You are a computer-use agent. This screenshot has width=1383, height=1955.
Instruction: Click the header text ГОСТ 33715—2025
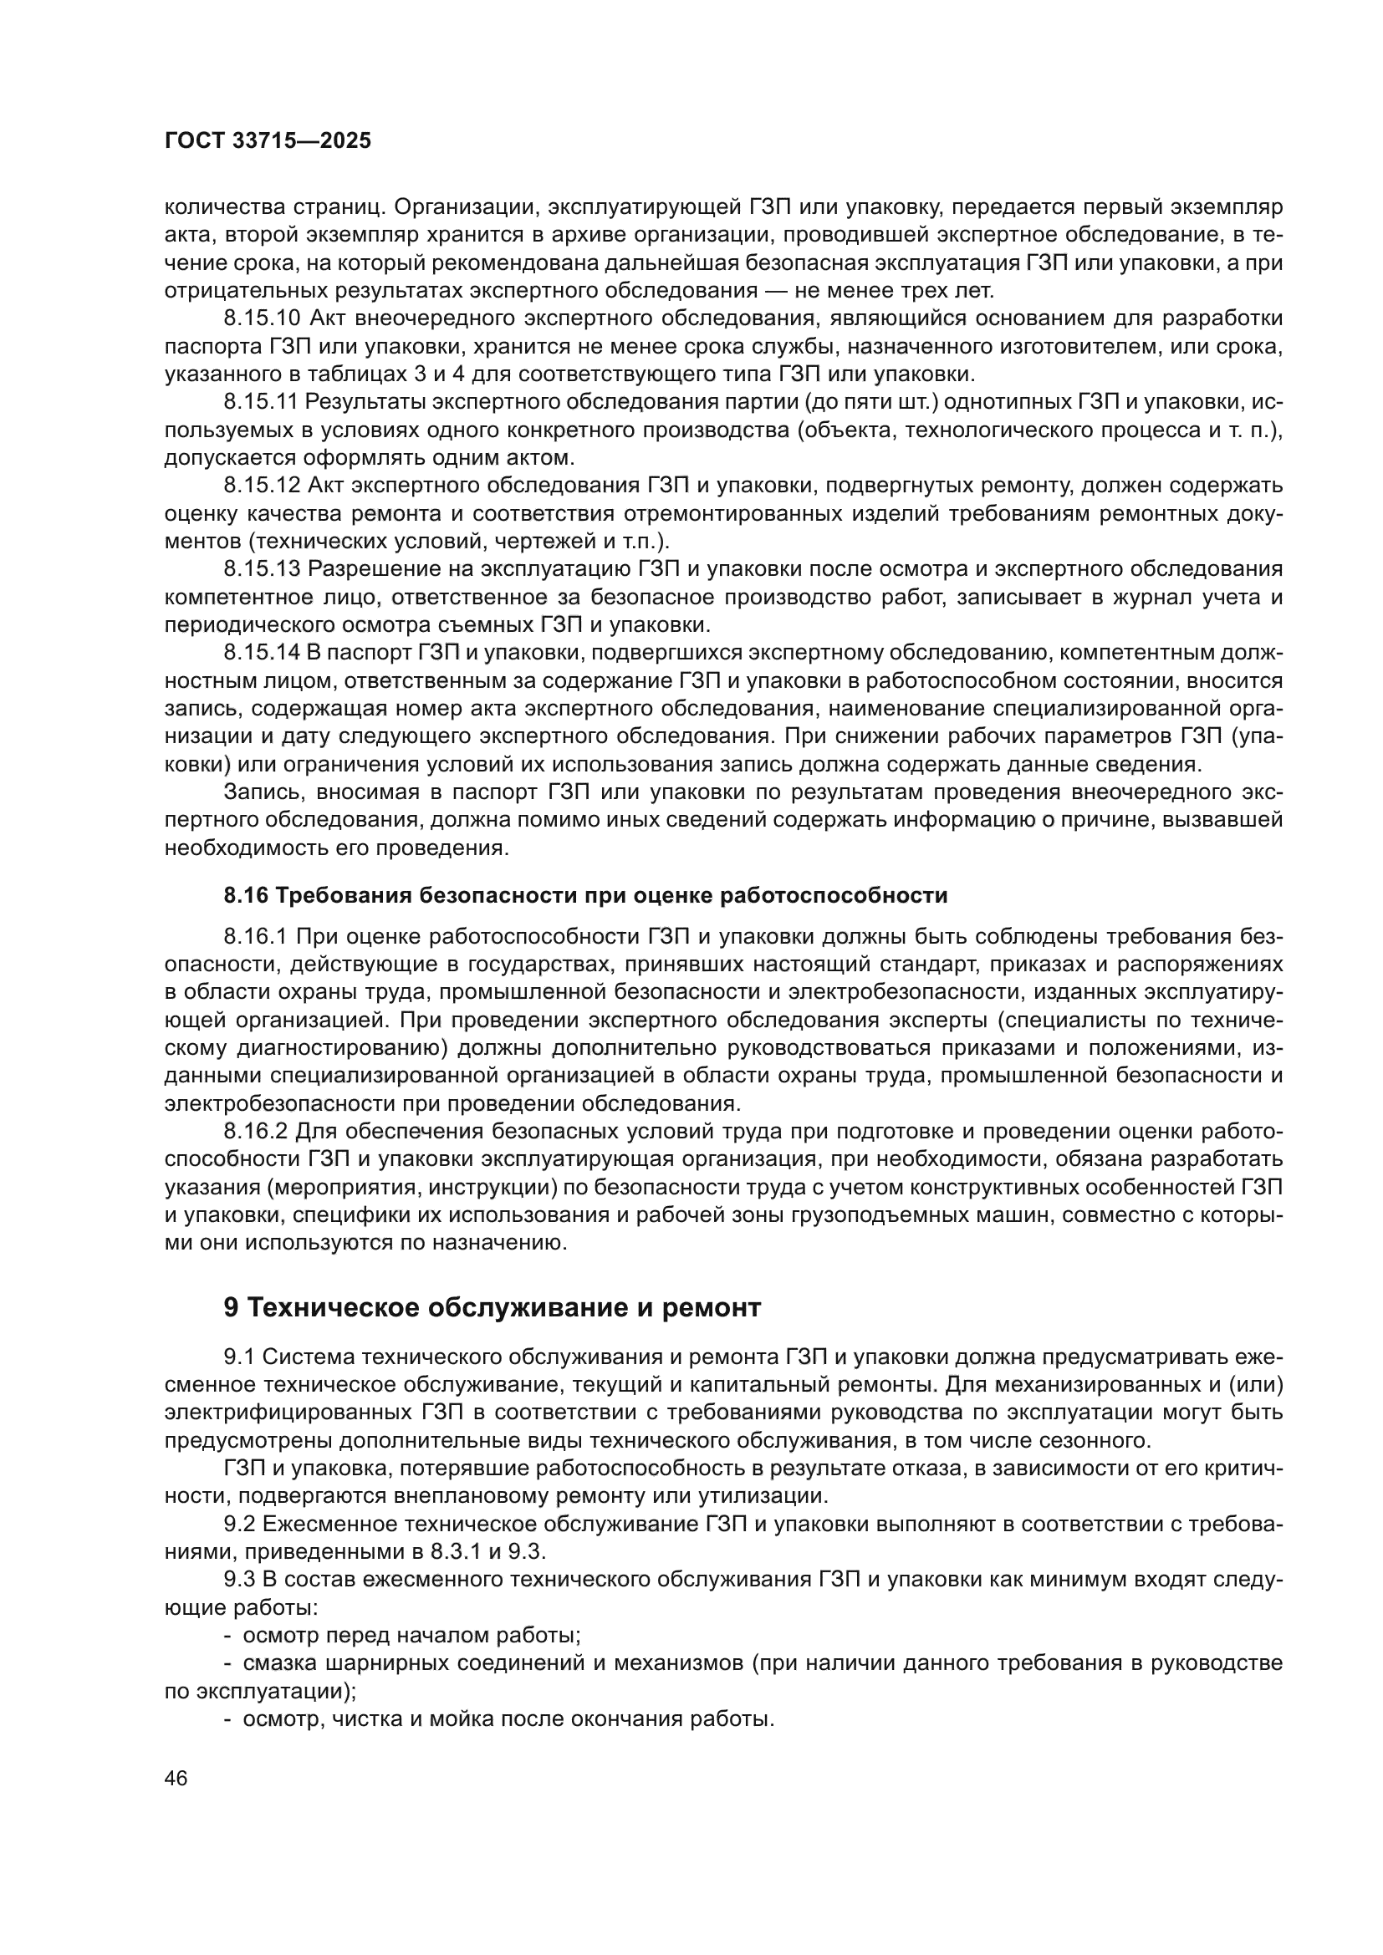tap(268, 141)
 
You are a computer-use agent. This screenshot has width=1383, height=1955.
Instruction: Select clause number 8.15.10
tap(263, 318)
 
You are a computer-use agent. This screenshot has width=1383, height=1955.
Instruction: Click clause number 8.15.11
tap(261, 402)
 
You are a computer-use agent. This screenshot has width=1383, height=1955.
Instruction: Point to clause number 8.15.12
tap(263, 486)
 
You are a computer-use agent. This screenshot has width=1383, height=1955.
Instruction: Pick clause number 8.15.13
tap(263, 569)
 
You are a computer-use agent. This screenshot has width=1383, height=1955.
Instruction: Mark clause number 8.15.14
tap(263, 652)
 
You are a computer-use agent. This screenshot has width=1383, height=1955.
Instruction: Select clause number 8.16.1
tap(256, 937)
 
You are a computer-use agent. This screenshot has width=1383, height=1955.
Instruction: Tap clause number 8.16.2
tap(256, 1131)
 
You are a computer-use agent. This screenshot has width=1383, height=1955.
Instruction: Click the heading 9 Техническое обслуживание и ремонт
tap(492, 1307)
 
